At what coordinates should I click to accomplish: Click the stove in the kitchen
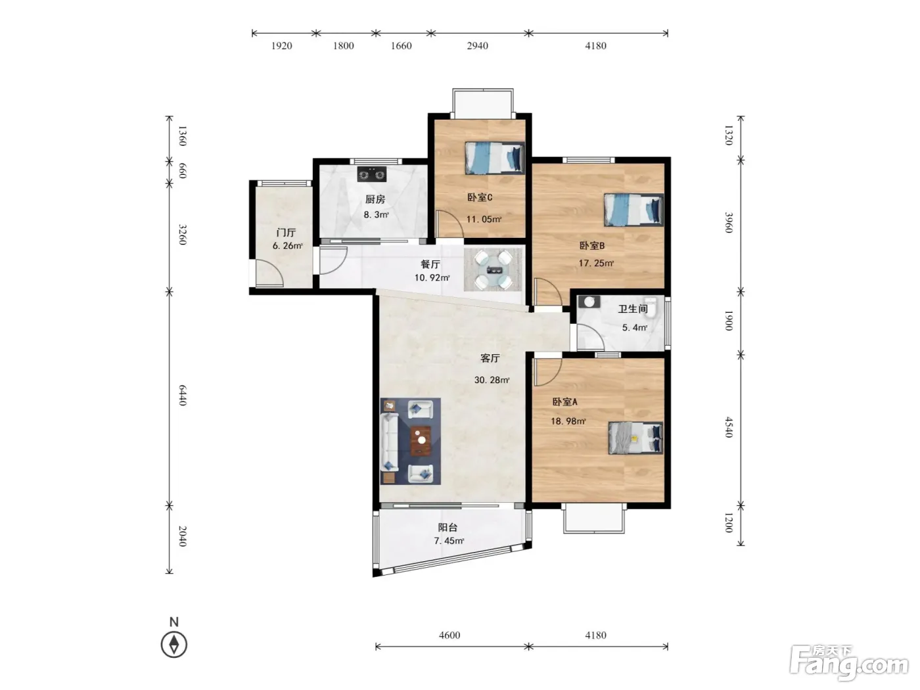pos(371,174)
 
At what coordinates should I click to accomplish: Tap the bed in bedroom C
pos(494,158)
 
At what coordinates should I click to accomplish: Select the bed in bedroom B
pos(633,210)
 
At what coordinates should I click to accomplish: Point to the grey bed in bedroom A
pos(635,438)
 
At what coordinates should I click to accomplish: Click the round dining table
pos(494,270)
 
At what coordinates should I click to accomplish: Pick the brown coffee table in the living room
pos(421,440)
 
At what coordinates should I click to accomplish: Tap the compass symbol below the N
pos(174,645)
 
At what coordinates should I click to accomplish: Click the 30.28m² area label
pos(492,380)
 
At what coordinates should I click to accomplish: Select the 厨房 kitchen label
pos(375,199)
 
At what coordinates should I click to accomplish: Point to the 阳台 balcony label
pos(448,528)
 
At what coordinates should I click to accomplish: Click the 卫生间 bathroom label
pos(633,309)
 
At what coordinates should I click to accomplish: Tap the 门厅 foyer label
pos(287,233)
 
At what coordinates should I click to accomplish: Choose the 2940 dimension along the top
pos(477,45)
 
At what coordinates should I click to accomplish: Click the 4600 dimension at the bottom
pos(449,635)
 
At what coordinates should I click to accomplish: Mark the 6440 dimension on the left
pos(183,395)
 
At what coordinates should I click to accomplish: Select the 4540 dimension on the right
pos(729,427)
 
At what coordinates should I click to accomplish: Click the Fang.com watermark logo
pos(849,662)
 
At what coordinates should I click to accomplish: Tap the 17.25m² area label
pos(596,263)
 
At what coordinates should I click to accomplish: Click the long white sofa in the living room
pos(390,442)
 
